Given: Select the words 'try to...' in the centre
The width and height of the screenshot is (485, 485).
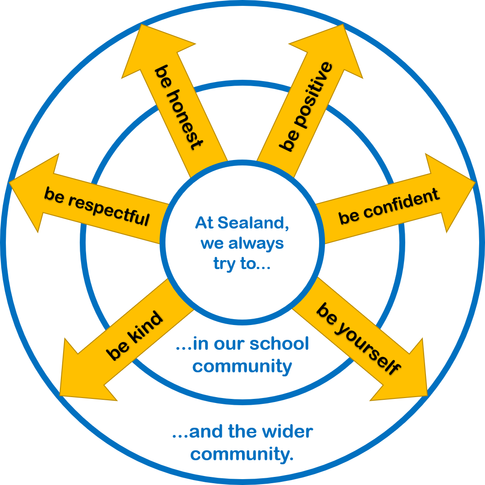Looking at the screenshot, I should (x=242, y=264).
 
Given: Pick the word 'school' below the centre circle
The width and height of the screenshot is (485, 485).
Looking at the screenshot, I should (x=279, y=344).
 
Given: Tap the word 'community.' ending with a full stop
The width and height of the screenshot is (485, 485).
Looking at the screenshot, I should (x=242, y=454).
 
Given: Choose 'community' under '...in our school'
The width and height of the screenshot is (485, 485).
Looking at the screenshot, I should (x=242, y=366).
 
